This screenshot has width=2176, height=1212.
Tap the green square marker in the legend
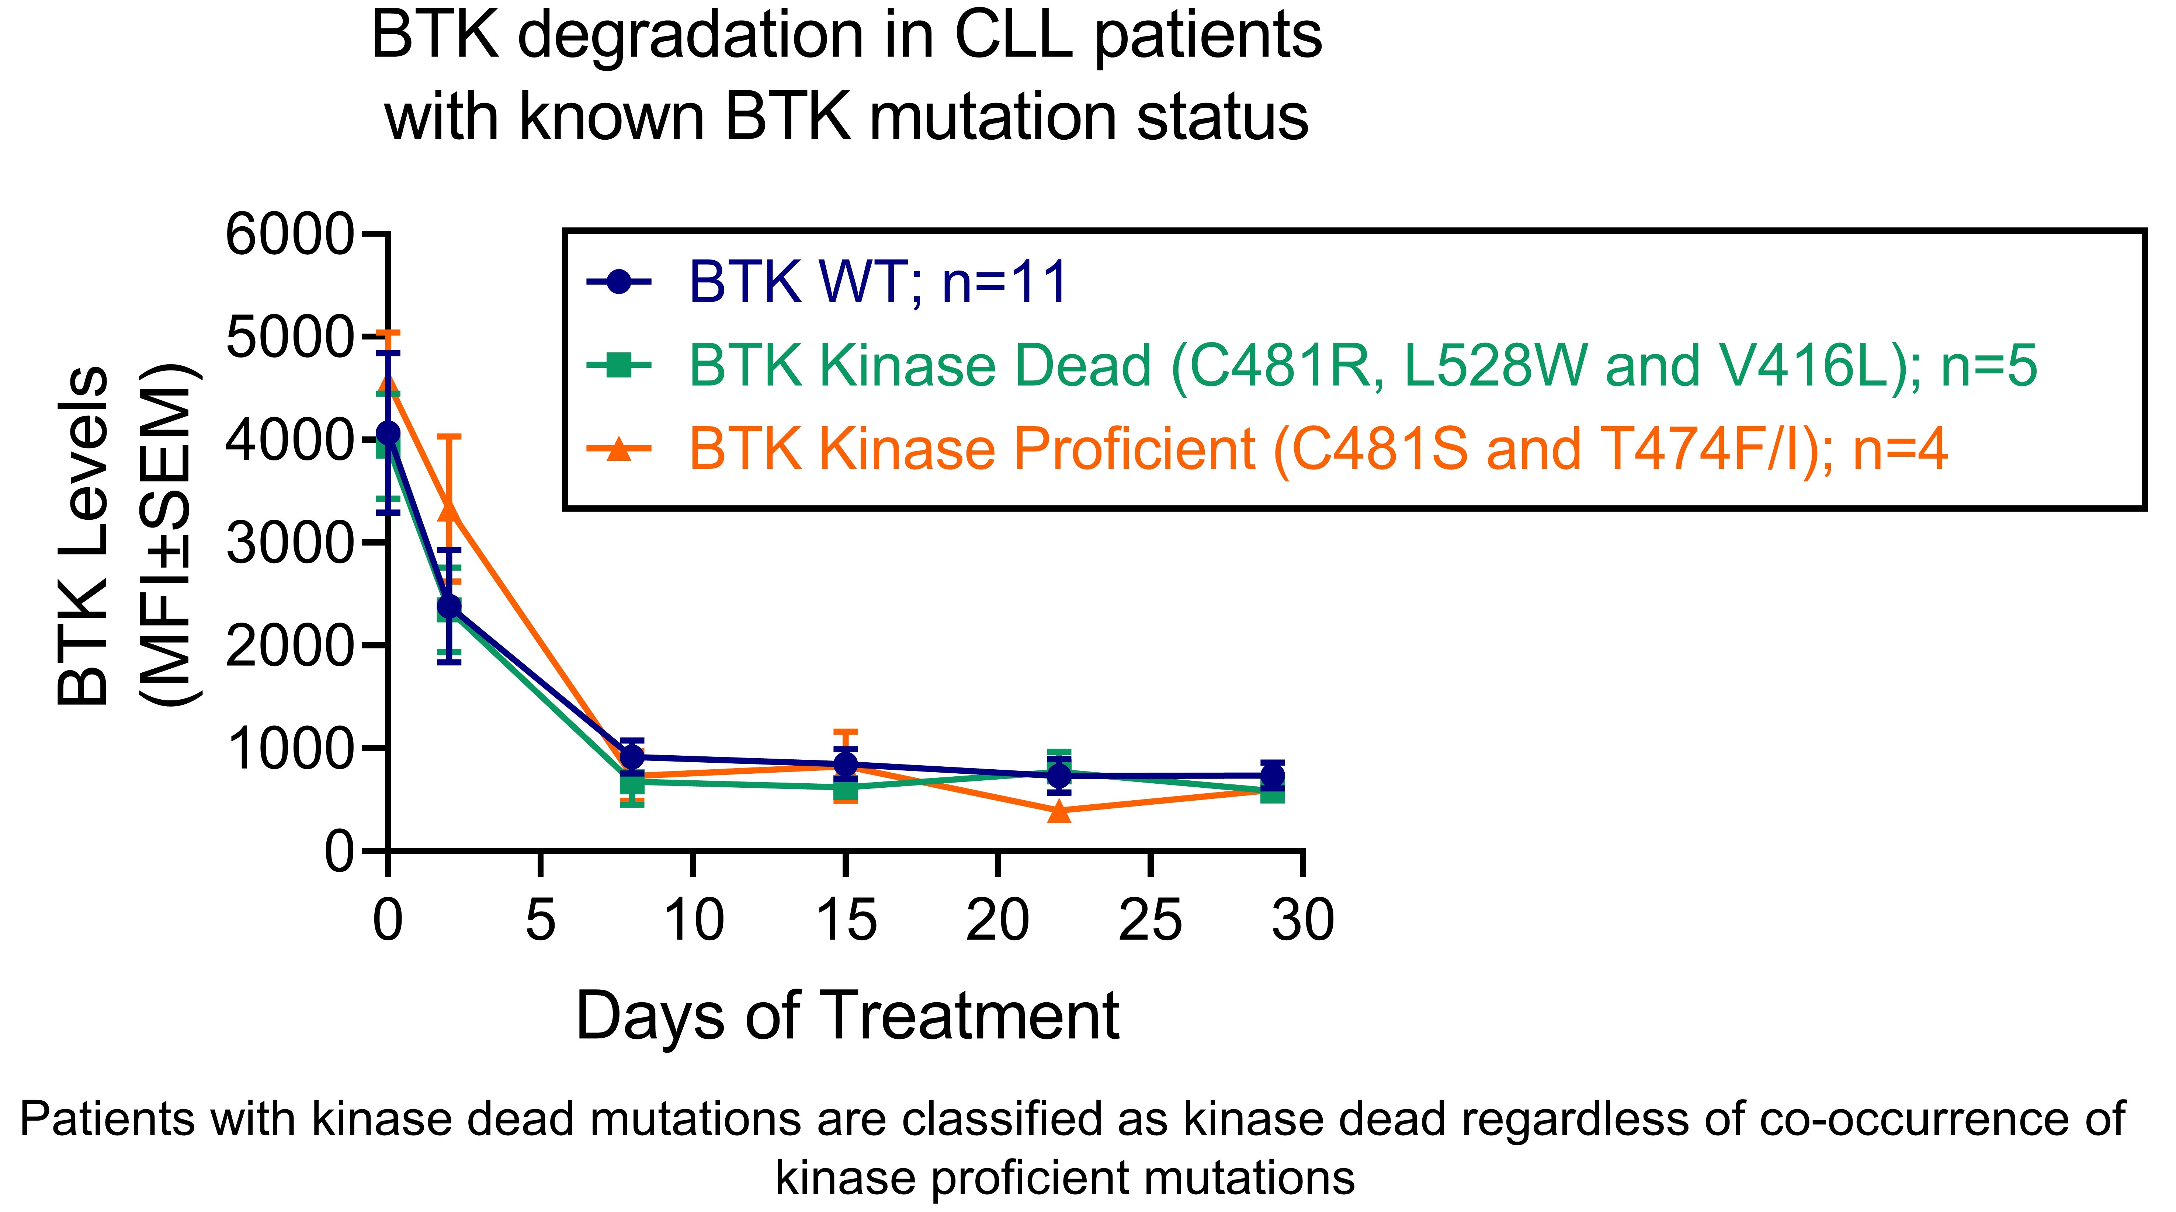[619, 366]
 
